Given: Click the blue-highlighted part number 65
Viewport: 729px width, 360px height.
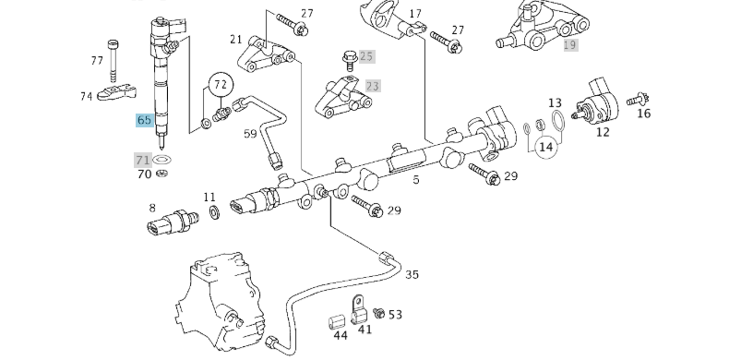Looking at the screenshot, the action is click(x=145, y=120).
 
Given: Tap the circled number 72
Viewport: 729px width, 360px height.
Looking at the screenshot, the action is click(x=221, y=85).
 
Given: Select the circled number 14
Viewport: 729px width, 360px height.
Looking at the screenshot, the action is click(x=545, y=147).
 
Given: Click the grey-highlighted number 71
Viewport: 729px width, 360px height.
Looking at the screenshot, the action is click(x=143, y=160).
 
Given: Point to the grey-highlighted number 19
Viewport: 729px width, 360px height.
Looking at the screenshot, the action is click(x=570, y=44).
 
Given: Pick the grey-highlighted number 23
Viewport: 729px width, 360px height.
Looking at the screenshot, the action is click(x=373, y=86).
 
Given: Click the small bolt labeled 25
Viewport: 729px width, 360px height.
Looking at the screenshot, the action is click(x=350, y=61).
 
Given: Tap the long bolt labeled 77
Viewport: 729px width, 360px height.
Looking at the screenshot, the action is click(x=113, y=61).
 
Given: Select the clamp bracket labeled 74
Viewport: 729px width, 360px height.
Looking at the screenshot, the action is click(x=116, y=91).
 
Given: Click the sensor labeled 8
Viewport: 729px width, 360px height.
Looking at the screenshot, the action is click(x=172, y=222).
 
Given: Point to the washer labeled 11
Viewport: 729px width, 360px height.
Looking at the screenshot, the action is click(x=214, y=213).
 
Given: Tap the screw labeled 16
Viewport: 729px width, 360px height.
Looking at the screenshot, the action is click(x=638, y=99).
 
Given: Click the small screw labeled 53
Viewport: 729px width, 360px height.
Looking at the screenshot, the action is click(x=379, y=314).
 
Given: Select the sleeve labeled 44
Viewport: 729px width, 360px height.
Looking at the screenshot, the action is click(x=337, y=322).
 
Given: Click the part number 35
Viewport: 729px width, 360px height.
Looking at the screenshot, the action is click(x=412, y=274).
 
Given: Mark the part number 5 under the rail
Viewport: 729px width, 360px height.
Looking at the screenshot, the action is click(x=416, y=179).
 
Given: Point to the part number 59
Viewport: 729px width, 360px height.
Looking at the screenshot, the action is click(x=250, y=134).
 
